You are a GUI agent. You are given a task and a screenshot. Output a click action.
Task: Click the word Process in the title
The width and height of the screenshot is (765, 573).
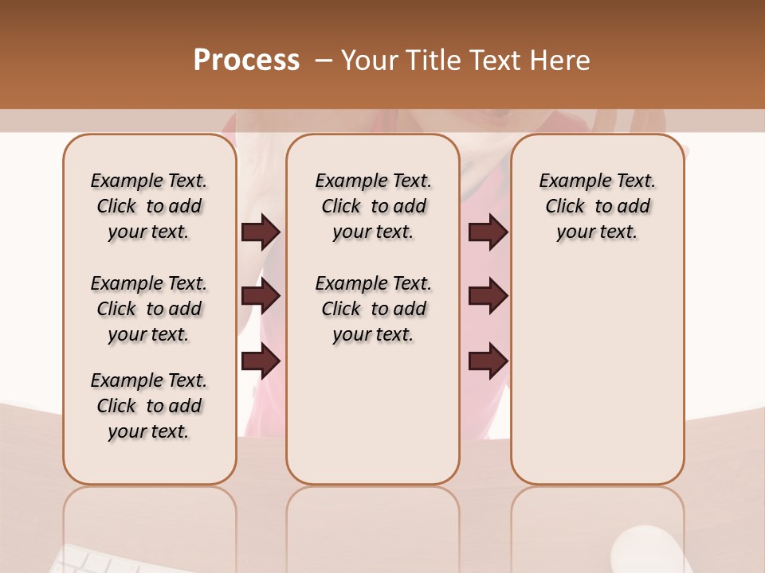coord(246,60)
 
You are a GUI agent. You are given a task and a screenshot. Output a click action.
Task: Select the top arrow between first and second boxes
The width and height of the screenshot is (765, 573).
coord(261,232)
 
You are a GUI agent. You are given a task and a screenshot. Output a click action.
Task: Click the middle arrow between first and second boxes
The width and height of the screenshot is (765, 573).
coord(261,296)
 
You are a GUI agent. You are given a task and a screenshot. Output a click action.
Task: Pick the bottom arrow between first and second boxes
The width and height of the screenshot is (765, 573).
coord(261,361)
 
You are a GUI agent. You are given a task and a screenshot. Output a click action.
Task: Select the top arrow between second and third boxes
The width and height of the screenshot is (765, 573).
coord(488,232)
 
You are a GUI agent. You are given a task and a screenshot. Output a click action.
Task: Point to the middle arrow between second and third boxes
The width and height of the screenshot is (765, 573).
coord(488,296)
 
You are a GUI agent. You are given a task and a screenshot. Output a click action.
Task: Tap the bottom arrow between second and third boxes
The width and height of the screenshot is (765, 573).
coord(488,361)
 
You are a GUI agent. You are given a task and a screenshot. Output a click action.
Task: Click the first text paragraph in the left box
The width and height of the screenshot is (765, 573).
coord(149,206)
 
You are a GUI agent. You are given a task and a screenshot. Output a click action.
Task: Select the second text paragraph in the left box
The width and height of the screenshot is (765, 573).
coord(149,309)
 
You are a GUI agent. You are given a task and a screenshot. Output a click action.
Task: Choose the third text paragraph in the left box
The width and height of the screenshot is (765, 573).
coord(149,406)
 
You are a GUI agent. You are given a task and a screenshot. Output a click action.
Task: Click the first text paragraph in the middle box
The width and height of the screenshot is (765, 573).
coord(373,206)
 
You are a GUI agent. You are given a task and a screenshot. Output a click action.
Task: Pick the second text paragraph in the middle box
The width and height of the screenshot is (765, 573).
coord(373,309)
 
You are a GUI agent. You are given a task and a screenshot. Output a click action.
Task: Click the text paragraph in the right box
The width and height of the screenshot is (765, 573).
coord(597,206)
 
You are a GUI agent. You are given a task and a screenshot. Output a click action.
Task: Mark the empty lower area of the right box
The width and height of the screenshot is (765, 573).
coord(597,374)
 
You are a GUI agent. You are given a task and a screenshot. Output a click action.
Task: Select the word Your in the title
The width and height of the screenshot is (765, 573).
coord(370,60)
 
